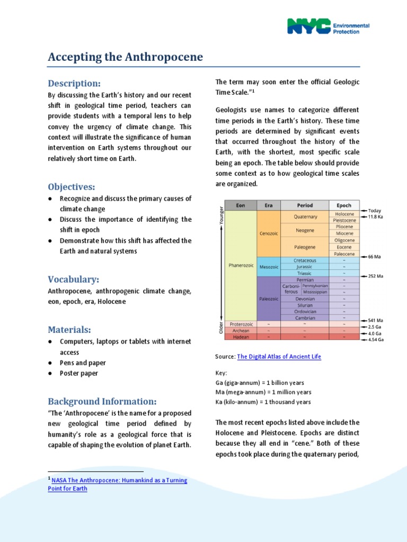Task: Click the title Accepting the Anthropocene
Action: click(125, 57)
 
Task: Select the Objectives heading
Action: click(72, 186)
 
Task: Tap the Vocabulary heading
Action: click(74, 279)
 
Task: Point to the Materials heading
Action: click(69, 330)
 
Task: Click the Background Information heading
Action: click(102, 401)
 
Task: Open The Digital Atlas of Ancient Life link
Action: click(279, 357)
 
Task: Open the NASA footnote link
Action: click(117, 484)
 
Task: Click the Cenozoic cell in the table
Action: click(269, 233)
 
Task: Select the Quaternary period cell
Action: click(305, 216)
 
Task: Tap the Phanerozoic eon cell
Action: click(241, 265)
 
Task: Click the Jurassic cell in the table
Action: click(305, 267)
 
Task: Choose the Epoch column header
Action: click(344, 205)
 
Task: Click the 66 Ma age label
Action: click(374, 257)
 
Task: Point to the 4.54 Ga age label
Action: click(376, 340)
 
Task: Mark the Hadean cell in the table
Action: click(241, 337)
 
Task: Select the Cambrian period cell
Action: click(305, 318)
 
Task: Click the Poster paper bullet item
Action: click(79, 373)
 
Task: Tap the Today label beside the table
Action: click(375, 210)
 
